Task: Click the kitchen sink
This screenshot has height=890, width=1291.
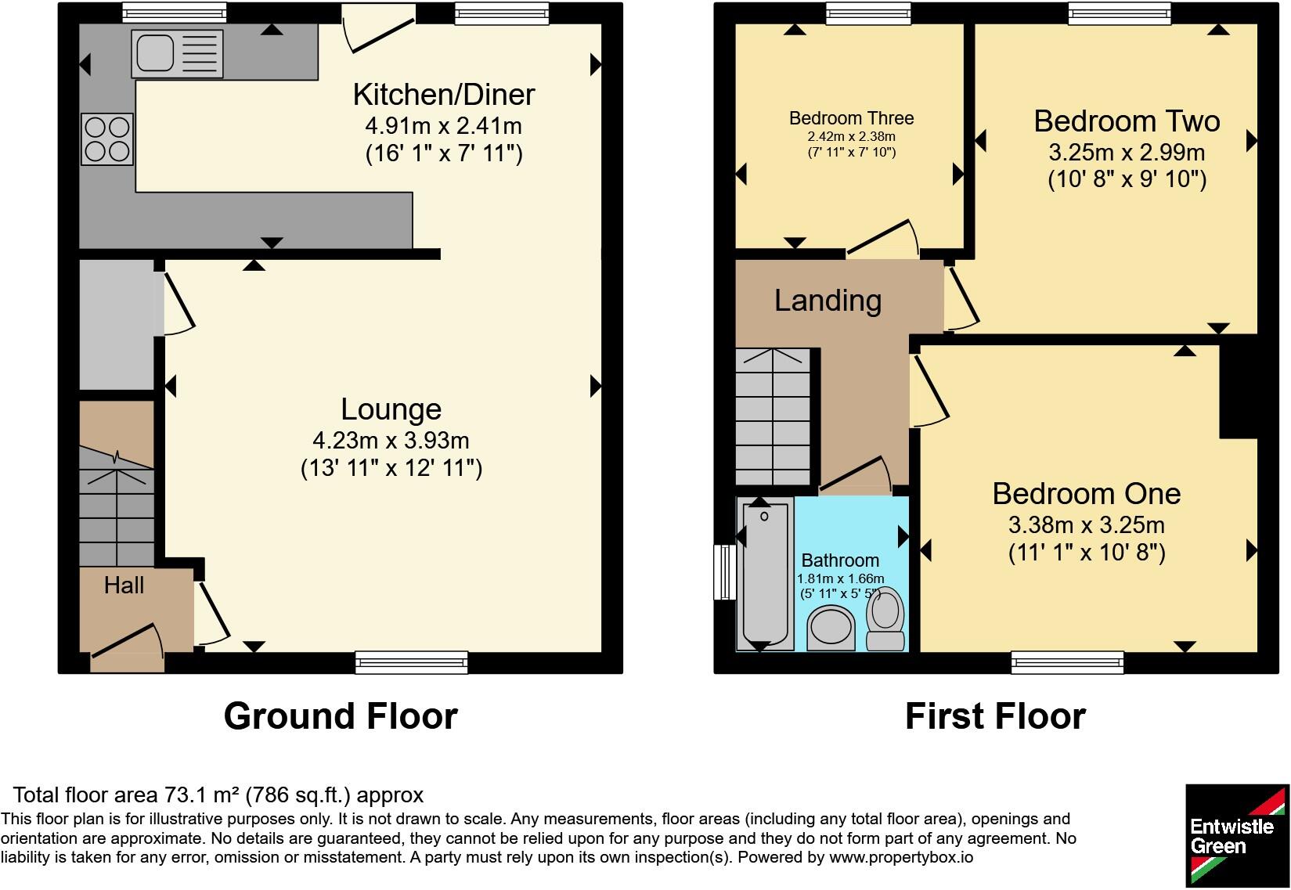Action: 177,53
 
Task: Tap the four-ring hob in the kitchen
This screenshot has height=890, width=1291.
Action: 107,139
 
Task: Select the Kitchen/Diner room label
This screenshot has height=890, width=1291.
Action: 444,95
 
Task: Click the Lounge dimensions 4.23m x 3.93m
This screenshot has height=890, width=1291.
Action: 391,441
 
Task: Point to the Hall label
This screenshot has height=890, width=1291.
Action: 124,585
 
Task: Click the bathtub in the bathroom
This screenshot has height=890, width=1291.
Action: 765,575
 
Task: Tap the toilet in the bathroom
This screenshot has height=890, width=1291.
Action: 885,619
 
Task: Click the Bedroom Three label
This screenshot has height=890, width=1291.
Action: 851,118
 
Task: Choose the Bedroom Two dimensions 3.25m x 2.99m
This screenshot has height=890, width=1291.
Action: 1127,152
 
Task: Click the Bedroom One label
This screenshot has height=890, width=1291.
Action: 1087,493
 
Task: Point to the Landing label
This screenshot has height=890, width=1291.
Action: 828,301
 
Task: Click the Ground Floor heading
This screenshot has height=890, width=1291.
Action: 341,716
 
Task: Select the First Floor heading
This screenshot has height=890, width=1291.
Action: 995,716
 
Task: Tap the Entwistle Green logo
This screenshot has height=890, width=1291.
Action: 1237,835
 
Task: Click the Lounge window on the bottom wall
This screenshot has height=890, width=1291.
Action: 412,662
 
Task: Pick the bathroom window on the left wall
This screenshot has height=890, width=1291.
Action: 725,572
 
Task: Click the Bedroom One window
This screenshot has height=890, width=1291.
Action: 1067,662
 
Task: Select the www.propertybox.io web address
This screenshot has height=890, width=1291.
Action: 901,857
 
